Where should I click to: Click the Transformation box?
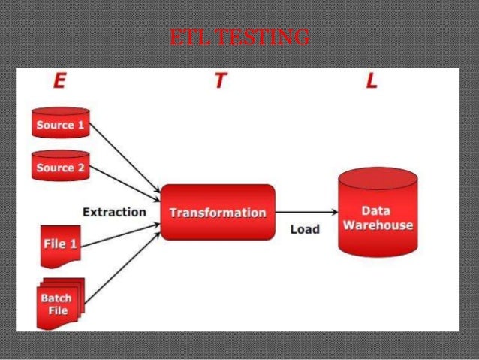point(217,213)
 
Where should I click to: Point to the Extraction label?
point(114,212)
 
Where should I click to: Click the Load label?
point(305,229)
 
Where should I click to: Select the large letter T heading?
point(219,82)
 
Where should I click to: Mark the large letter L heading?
point(370,82)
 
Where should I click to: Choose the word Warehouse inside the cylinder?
point(378,225)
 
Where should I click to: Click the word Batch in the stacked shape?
point(56,298)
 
